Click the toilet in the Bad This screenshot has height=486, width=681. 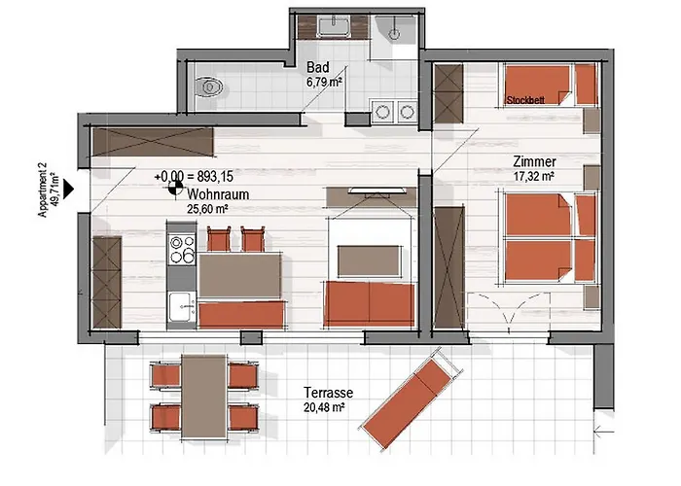coord(209,87)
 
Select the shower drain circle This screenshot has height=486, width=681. coord(394,33)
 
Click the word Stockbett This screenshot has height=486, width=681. coord(525,100)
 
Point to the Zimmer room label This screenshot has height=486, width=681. coord(534,162)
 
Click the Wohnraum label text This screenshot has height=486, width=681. coord(218,194)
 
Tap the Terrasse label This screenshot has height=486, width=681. coord(329,393)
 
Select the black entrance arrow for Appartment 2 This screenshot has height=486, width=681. coord(69,190)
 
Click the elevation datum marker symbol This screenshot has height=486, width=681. coord(175,189)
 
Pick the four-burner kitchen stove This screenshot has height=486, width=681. coord(182,249)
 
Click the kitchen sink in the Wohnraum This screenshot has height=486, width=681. coord(182,307)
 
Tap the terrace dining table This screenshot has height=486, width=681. coord(204,397)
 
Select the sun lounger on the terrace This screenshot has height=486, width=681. coord(411,397)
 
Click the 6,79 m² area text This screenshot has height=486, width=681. coord(324,82)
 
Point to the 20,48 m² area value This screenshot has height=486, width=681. coord(324,407)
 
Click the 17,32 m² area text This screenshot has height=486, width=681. coord(533,176)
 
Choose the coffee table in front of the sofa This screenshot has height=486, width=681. coord(369,260)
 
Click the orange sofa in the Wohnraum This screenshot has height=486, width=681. coord(369,303)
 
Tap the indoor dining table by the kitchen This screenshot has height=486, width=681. coord(239,275)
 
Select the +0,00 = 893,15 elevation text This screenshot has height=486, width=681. coord(194,176)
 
